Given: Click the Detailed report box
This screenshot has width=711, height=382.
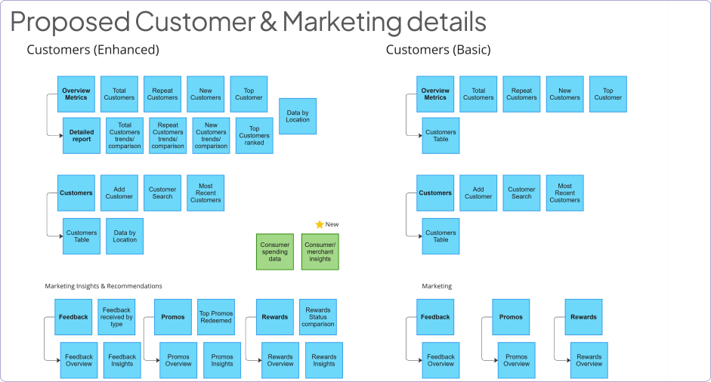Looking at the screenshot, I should point(82,136).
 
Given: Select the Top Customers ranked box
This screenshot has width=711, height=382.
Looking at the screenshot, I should point(255,136).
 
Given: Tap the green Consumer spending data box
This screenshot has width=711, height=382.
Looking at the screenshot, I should point(275,252).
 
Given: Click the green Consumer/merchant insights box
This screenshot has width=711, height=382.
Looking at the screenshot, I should point(320,252).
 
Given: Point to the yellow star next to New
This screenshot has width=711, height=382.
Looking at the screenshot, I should point(319,224).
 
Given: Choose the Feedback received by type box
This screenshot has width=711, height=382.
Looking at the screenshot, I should point(116,317).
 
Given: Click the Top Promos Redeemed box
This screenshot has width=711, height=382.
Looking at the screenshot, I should point(216,317).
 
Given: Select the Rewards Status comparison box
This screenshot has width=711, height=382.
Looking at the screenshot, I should point(318,317).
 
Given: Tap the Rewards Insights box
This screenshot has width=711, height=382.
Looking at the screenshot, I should point(324,360).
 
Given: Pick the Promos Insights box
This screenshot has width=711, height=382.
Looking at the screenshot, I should point(222,360).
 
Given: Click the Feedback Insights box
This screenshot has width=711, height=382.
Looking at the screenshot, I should point(122,360).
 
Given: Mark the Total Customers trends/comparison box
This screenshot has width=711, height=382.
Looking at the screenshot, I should point(125,136).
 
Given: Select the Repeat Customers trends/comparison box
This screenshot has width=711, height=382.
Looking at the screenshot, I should point(168,136).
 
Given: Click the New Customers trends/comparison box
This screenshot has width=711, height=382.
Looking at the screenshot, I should point(211,136).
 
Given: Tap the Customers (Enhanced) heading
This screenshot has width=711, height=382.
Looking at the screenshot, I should point(93,50).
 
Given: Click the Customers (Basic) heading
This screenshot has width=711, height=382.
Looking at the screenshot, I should point(438,50).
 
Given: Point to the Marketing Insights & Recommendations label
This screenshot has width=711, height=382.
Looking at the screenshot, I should point(104,286).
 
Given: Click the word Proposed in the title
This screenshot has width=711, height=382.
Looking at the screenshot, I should point(70,21).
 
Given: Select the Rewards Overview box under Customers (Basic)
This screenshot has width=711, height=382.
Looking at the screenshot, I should point(589,360).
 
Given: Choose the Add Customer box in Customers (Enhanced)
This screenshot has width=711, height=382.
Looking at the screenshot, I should point(119,193).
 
